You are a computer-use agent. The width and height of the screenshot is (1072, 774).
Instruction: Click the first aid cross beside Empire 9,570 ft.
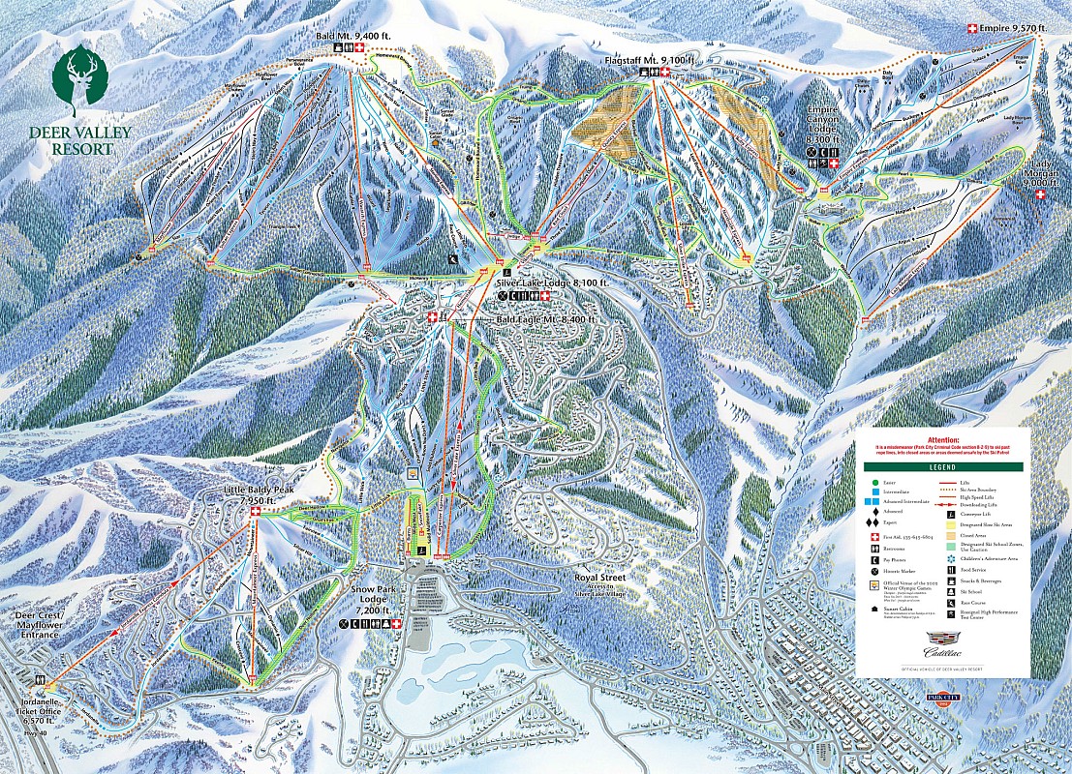pos(972,29)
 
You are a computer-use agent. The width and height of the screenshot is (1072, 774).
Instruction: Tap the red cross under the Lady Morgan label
pos(1041,194)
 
